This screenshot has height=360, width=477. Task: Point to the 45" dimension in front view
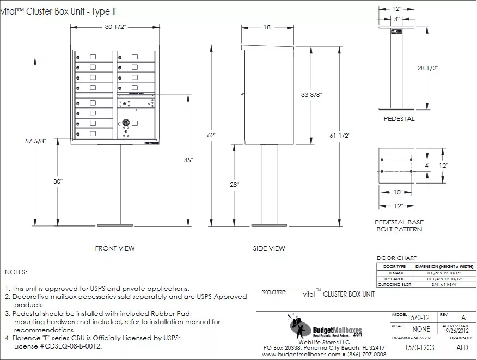[x=188, y=160]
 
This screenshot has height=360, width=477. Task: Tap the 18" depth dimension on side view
[x=267, y=27]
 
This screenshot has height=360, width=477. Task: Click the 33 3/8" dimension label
[x=311, y=94]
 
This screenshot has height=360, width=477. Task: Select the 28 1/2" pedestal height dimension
[x=429, y=68]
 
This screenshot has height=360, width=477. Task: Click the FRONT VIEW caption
[x=115, y=248]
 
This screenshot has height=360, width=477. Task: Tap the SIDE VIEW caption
[x=268, y=248]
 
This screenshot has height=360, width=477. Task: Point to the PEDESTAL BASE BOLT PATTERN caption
[x=399, y=226]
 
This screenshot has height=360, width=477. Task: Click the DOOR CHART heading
[x=396, y=258]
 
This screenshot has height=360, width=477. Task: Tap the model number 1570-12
[x=418, y=316]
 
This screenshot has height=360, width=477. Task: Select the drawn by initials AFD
[x=462, y=347]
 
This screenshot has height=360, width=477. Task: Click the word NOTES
[x=16, y=272]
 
